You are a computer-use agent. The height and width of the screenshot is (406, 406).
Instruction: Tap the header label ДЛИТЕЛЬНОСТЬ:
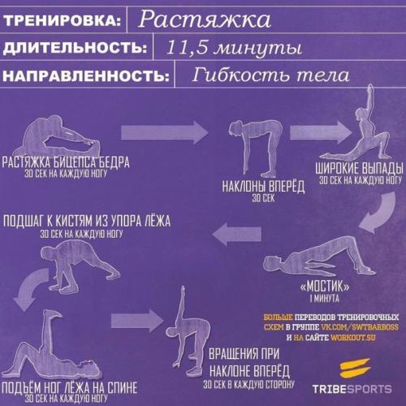pyautogui.click(x=75, y=48)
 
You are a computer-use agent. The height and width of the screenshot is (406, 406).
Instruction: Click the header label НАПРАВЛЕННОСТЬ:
pyautogui.click(x=87, y=77)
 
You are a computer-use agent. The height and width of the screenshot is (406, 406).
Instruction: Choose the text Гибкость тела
pyautogui.click(x=271, y=76)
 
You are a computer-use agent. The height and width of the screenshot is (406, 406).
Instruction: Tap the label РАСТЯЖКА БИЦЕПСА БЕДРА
pyautogui.click(x=65, y=162)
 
